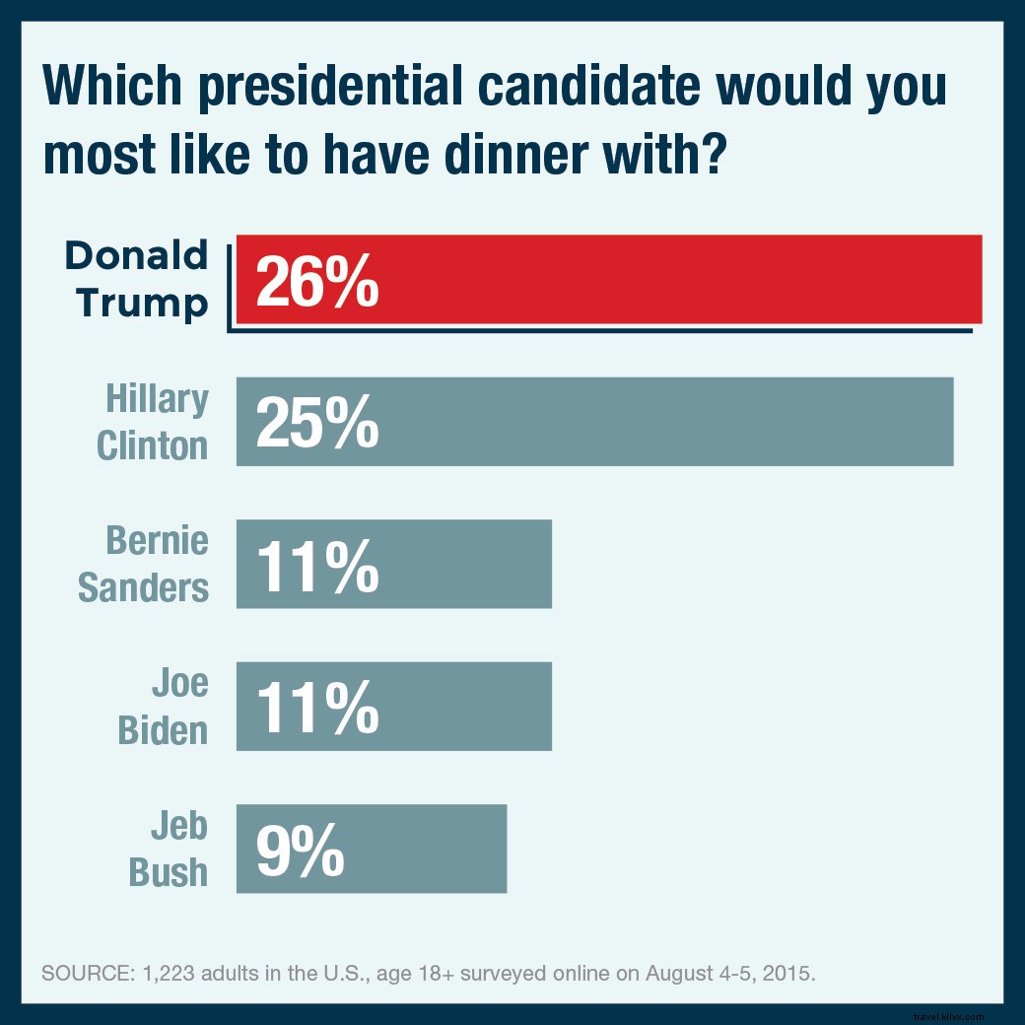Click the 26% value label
click(316, 280)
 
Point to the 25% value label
click(316, 422)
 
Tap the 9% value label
click(300, 850)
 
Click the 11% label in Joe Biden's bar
click(316, 707)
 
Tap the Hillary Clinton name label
click(154, 422)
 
